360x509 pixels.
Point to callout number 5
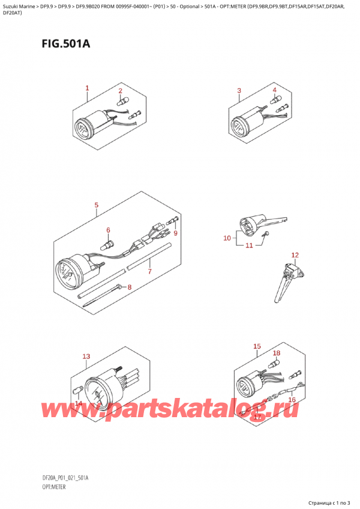pyautogui.click(x=97, y=206)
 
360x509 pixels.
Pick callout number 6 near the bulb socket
pyautogui.click(x=109, y=230)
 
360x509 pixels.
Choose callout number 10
pyautogui.click(x=227, y=238)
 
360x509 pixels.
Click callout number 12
pyautogui.click(x=295, y=256)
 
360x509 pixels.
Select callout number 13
pyautogui.click(x=86, y=357)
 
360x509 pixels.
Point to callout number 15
pyautogui.click(x=257, y=346)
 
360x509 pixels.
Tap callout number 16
pyautogui.click(x=292, y=399)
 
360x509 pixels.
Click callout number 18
pyautogui.click(x=277, y=354)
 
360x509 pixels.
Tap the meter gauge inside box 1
pyautogui.click(x=82, y=127)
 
